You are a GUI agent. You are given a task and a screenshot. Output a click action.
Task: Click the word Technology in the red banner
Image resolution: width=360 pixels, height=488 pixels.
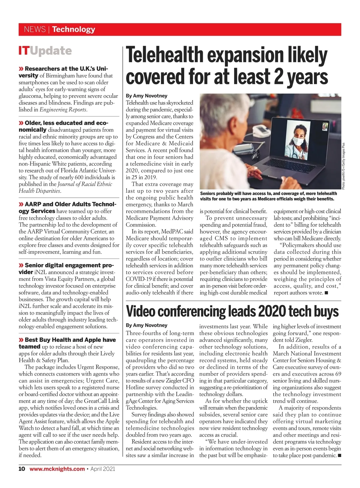pos(73,29)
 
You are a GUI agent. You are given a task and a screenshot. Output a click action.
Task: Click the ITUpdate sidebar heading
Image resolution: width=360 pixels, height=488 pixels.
pos(45,51)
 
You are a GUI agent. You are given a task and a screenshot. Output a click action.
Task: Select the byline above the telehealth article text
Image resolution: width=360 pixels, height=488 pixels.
pos(146,96)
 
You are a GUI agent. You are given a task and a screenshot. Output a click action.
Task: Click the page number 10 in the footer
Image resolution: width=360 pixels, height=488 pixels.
pos(22,469)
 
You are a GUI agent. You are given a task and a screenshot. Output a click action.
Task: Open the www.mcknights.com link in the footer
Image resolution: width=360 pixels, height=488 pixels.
pos(57,469)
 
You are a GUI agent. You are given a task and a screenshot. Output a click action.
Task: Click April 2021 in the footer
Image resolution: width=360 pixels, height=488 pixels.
pos(103,469)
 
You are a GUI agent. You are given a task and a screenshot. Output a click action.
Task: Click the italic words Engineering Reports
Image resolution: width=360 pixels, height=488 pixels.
pos(63,110)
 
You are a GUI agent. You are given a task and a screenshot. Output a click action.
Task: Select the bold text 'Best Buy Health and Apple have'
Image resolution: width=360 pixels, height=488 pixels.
pos(70,340)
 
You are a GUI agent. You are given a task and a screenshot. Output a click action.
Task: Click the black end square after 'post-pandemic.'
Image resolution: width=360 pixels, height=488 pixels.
pos(339,456)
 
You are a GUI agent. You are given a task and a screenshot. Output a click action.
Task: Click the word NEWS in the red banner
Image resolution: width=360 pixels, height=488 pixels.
pos(34,29)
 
